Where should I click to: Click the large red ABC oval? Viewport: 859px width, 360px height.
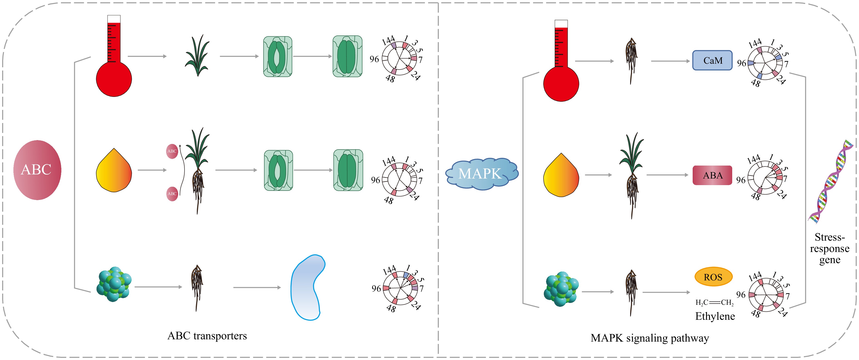[x=37, y=170]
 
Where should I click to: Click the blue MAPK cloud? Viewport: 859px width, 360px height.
[x=481, y=174]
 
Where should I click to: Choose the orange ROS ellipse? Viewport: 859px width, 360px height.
[x=713, y=277]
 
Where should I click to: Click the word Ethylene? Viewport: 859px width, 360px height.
[x=715, y=316]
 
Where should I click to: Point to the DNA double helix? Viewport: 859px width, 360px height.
[x=831, y=182]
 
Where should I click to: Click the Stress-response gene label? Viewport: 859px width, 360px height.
[x=830, y=249]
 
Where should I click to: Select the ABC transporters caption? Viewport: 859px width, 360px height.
[x=207, y=336]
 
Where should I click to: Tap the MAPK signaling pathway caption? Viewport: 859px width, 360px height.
[x=649, y=338]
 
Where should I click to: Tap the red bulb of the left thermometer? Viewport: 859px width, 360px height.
[x=114, y=79]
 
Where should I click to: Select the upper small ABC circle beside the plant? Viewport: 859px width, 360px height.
[x=172, y=151]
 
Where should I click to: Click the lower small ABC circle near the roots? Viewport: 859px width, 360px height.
[x=172, y=194]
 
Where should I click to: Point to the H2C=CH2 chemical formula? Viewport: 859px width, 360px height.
[x=714, y=302]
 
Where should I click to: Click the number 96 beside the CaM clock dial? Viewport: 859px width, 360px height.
[x=741, y=63]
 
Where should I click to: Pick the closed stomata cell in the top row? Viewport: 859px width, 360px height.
[x=347, y=56]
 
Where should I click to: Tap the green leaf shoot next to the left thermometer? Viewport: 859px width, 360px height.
[x=198, y=56]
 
